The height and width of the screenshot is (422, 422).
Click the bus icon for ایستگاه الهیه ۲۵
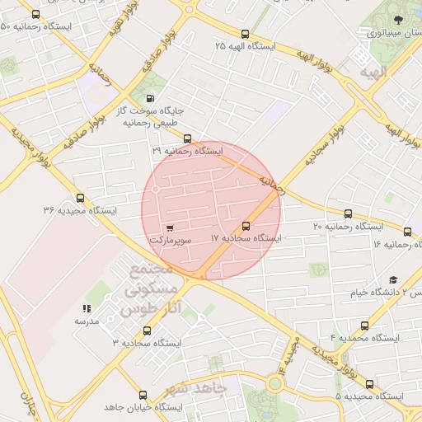[245, 35]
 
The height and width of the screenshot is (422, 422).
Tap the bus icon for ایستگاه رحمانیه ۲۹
[187, 139]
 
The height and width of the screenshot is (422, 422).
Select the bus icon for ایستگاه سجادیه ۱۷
[246, 227]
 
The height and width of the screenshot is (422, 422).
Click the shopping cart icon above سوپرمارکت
[170, 227]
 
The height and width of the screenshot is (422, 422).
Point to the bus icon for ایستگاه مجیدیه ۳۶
[80, 198]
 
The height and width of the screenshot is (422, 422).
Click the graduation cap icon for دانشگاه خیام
[392, 280]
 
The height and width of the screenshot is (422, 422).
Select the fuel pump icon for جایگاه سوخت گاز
[149, 100]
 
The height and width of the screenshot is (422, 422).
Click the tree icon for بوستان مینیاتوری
[398, 19]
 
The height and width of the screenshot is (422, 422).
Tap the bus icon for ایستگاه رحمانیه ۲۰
[348, 213]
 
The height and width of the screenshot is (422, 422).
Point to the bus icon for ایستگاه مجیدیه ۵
[368, 384]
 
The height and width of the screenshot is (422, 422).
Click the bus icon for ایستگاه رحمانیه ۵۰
[35, 15]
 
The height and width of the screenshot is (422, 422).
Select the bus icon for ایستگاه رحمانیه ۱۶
[407, 232]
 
